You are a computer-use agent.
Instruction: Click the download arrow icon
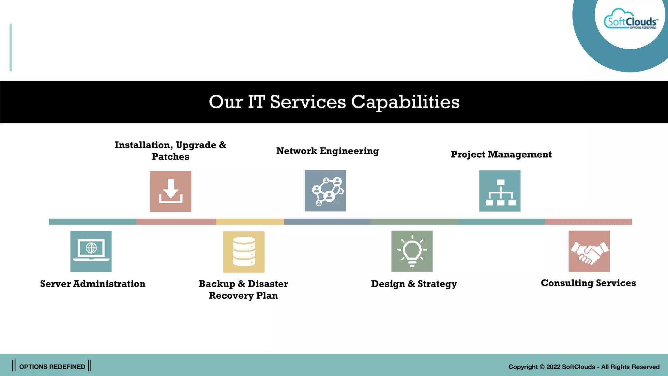(171, 191)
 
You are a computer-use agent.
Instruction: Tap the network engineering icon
(325, 191)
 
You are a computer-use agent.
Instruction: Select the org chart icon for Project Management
(500, 191)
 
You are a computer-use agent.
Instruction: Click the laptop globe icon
(91, 251)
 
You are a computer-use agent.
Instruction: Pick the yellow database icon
(244, 252)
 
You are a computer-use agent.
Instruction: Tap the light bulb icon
(412, 251)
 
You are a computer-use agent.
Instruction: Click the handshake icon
(589, 251)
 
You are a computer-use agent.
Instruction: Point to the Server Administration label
(93, 284)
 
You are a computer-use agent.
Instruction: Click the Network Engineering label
(327, 151)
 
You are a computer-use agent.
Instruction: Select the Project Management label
(501, 154)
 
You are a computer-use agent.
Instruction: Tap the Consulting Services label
(588, 283)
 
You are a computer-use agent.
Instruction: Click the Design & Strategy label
(414, 284)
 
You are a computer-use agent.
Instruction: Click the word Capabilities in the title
(405, 102)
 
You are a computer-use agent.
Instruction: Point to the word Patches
(171, 157)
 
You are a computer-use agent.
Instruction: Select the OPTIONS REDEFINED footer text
(52, 367)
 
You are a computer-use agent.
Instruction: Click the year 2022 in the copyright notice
(553, 367)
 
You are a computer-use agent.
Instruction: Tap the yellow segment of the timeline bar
(250, 222)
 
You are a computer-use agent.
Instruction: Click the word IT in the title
(256, 102)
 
